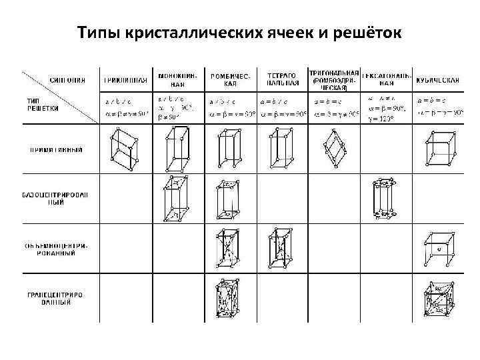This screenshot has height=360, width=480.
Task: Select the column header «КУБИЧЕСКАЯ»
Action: (x=437, y=81)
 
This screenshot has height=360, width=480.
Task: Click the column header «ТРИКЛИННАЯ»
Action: (x=125, y=81)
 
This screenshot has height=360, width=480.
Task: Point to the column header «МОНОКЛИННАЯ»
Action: (x=177, y=81)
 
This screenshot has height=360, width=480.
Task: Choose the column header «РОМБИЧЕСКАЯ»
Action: (x=230, y=81)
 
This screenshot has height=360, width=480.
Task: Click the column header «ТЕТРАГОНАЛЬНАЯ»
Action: (x=282, y=81)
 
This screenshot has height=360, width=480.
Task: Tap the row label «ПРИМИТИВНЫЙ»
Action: (x=55, y=150)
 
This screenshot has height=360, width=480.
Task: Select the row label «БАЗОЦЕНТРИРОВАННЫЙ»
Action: (x=55, y=198)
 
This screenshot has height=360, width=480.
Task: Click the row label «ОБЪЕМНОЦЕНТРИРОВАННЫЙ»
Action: (x=55, y=249)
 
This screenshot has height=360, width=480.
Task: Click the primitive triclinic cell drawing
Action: (x=125, y=149)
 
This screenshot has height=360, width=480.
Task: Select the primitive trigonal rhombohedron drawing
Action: (x=333, y=149)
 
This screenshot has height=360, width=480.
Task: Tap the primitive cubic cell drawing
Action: (x=439, y=149)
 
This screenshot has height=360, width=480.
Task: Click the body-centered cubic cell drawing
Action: (x=439, y=248)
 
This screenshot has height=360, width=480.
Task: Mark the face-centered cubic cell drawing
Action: (x=439, y=299)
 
